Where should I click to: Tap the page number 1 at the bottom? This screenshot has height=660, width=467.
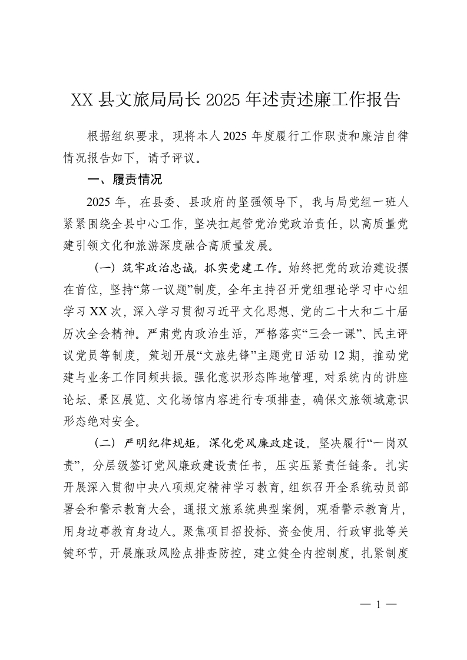(379, 605)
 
